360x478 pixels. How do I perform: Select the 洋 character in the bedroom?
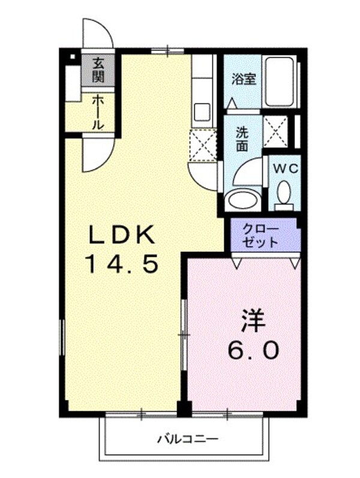click(x=252, y=321)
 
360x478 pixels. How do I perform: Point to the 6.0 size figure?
click(x=252, y=350)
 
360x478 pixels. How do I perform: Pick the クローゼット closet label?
click(x=261, y=235)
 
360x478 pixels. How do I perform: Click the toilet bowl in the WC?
click(x=284, y=192)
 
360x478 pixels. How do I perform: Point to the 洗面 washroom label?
click(x=241, y=138)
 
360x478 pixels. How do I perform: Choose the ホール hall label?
click(x=98, y=113)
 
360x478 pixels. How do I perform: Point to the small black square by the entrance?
click(x=72, y=58)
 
